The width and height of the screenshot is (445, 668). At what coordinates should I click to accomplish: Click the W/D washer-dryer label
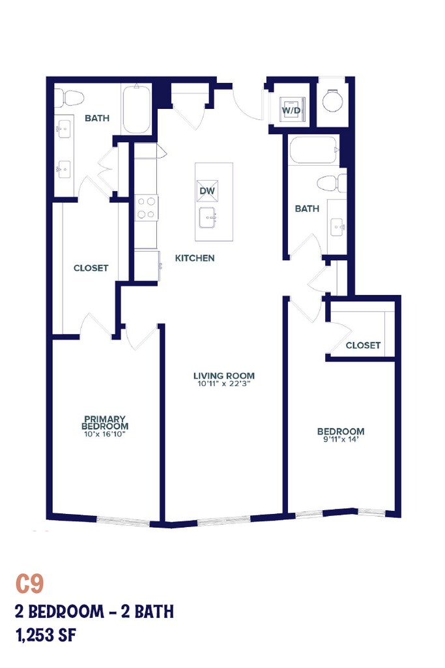click(x=291, y=110)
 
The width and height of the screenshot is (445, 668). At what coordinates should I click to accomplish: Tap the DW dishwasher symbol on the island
click(x=207, y=191)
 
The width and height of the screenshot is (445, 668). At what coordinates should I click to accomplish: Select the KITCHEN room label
click(x=195, y=258)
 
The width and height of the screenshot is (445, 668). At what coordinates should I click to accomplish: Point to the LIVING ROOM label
click(x=223, y=375)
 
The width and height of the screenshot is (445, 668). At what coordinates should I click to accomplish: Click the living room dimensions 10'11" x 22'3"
click(x=223, y=384)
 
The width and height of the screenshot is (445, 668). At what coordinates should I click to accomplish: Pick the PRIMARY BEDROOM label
click(x=105, y=422)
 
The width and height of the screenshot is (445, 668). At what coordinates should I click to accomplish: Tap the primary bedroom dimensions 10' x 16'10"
click(x=105, y=434)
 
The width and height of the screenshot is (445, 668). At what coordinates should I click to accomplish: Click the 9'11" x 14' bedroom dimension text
click(x=341, y=439)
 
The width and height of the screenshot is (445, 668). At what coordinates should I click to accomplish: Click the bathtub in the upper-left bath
click(x=137, y=108)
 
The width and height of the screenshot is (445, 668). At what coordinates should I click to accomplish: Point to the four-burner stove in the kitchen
click(x=147, y=208)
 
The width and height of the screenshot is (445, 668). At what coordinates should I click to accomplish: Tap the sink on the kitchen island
click(x=208, y=218)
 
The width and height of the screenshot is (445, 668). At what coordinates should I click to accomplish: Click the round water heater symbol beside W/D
click(x=332, y=101)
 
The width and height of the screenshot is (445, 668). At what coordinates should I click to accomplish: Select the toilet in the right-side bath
click(x=332, y=183)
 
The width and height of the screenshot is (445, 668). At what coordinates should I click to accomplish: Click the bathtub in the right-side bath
click(x=315, y=150)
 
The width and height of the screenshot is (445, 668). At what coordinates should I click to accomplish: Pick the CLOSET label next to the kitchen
click(x=91, y=268)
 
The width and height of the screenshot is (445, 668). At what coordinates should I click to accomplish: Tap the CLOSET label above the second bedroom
click(x=363, y=345)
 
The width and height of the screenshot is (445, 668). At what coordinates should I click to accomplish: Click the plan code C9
click(x=29, y=584)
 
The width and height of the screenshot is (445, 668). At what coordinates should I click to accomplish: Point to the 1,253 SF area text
click(x=46, y=635)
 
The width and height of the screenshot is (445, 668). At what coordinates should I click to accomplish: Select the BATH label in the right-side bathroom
click(x=307, y=208)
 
